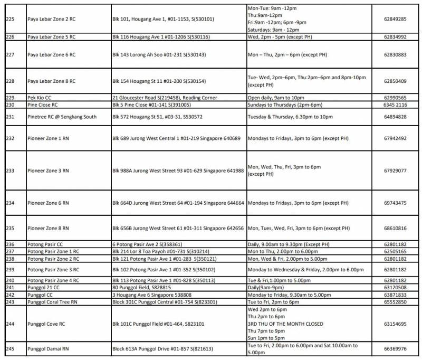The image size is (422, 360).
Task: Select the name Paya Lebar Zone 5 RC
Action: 51,37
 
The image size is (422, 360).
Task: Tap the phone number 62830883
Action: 395,54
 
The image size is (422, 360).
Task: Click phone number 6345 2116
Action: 395,105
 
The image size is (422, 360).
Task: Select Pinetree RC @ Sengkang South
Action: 62,117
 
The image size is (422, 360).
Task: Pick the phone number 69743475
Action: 395,203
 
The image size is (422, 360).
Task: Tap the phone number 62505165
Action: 395,252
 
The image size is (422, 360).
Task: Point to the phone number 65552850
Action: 395,301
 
